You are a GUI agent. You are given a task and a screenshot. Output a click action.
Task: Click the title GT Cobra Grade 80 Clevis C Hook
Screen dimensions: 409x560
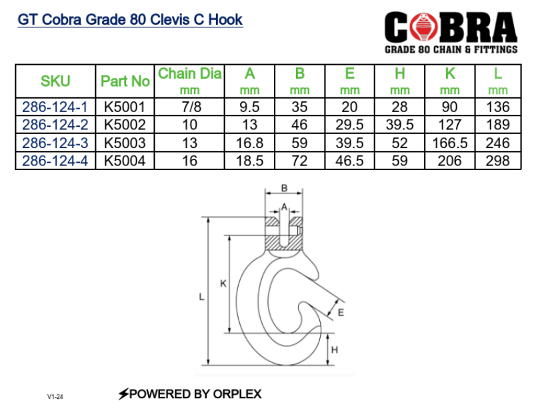point(130,19)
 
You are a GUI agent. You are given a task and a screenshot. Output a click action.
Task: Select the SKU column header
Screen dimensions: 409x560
point(55,81)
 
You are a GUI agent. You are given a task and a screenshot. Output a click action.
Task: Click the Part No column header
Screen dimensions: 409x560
point(125,81)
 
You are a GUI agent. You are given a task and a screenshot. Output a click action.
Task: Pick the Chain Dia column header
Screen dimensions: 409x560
point(189,74)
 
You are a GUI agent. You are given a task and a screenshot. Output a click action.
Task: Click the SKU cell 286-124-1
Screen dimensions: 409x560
point(55,107)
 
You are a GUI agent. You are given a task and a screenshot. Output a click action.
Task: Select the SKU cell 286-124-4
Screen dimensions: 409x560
point(55,161)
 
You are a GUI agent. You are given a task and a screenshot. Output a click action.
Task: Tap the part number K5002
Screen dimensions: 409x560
point(125,125)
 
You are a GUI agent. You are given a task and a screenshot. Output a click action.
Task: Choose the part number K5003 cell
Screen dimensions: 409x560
point(125,143)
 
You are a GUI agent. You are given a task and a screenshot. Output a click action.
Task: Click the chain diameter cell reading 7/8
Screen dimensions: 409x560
point(189,107)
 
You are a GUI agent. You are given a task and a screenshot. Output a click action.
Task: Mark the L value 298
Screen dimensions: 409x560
point(498,161)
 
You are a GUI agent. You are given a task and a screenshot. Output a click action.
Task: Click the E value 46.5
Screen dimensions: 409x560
point(349,161)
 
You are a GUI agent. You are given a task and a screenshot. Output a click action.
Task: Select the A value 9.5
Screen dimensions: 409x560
point(249,107)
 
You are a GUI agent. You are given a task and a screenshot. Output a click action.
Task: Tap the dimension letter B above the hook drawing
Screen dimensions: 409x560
point(283,189)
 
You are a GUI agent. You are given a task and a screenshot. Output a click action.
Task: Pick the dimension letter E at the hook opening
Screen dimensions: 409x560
point(341,312)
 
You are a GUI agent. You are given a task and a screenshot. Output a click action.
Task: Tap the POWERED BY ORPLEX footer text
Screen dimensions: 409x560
point(189,394)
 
